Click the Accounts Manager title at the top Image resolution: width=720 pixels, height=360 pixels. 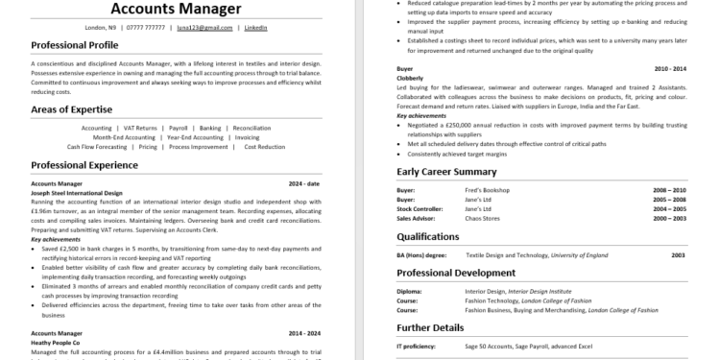pos(176,10)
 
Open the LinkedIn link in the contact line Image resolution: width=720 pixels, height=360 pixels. pos(255,28)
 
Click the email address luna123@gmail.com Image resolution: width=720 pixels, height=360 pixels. pos(211,28)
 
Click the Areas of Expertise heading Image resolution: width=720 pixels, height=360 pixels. pos(73,111)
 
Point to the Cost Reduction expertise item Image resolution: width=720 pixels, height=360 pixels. pos(265,147)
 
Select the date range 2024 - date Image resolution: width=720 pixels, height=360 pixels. pos(305,182)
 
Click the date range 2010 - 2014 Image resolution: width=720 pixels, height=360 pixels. pos(670,70)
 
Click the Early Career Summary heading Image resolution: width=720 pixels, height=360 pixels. pos(446,172)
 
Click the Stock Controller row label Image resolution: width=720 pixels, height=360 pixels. pos(419,208)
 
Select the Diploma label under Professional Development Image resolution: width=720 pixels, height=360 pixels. pos(409,292)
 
